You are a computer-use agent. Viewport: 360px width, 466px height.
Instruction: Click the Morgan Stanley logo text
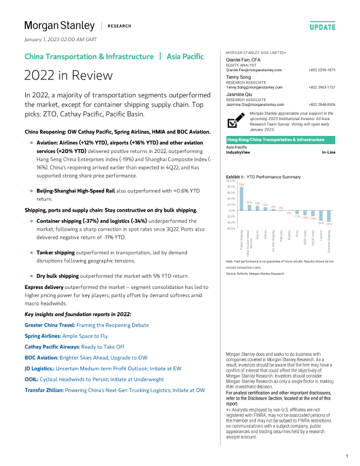tap(59, 25)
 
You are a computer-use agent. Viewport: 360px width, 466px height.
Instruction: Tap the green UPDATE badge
tap(322, 27)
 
